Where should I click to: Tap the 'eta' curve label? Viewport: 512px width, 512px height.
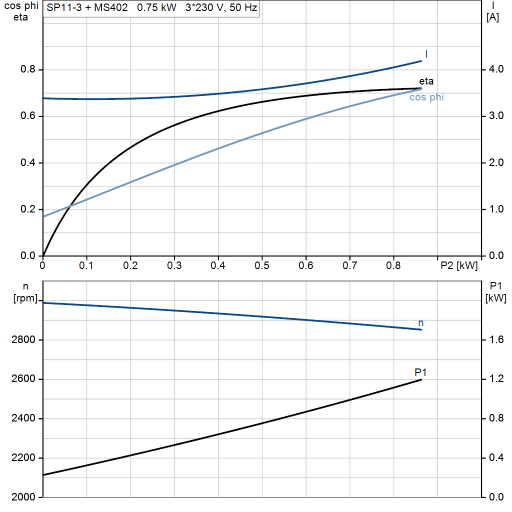(x=426, y=81)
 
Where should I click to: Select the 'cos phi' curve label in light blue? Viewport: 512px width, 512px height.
(x=426, y=97)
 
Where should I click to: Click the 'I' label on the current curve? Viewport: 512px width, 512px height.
(x=426, y=53)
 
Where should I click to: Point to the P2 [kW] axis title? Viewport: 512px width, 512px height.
(x=458, y=265)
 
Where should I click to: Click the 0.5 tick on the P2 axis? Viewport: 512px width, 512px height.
(x=262, y=265)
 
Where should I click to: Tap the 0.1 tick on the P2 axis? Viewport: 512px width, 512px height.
(x=86, y=265)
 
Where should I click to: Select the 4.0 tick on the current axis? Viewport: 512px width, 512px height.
(x=495, y=69)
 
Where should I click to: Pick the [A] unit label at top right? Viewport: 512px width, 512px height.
(x=492, y=17)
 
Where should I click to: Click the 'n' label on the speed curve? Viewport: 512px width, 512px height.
(x=420, y=323)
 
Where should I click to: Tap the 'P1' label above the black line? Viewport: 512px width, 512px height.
(x=420, y=372)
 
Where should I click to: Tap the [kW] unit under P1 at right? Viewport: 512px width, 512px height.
(x=495, y=298)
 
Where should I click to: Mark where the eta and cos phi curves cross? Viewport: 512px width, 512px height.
(x=70, y=205)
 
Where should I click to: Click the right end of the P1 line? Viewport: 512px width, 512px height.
(x=421, y=380)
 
